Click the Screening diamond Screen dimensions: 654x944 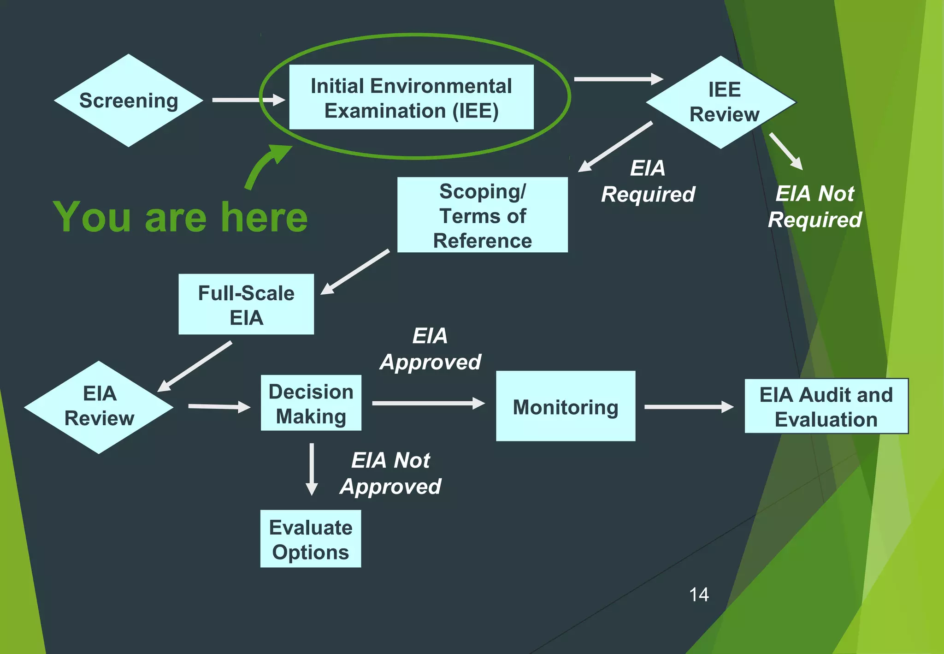(x=129, y=101)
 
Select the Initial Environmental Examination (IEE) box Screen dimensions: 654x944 (x=411, y=97)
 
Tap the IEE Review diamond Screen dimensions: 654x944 (x=721, y=102)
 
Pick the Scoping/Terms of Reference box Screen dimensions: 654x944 (x=482, y=215)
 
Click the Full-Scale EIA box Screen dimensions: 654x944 (x=246, y=304)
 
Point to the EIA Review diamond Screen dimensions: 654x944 (x=99, y=407)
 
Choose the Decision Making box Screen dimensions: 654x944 (x=311, y=404)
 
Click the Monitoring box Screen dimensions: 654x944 (x=566, y=406)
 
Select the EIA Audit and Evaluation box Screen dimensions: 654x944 (x=826, y=406)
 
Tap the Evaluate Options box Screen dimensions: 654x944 (x=311, y=539)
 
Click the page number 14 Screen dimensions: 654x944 (x=699, y=595)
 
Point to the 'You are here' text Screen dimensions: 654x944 (x=180, y=217)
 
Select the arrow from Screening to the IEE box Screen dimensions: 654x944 (x=248, y=100)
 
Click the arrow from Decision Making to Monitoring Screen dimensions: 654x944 (x=428, y=404)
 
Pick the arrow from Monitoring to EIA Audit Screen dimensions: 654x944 (x=689, y=407)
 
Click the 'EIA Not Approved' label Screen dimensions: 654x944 (x=391, y=473)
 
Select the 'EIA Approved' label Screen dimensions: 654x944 (x=430, y=349)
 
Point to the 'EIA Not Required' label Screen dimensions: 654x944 (x=815, y=207)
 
